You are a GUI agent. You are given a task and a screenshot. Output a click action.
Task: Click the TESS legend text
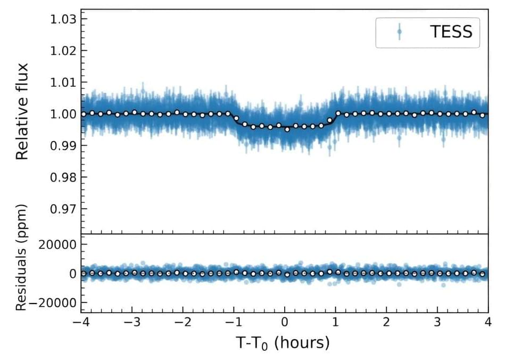(x=451, y=32)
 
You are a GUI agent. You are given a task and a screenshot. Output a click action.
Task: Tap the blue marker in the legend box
(x=399, y=32)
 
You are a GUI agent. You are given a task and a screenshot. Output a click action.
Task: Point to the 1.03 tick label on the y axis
(x=63, y=19)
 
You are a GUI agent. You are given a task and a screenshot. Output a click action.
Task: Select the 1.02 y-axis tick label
(x=63, y=51)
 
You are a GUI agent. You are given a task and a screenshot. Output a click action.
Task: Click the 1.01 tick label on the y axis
(x=63, y=83)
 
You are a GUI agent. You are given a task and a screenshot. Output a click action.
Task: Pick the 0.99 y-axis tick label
(x=63, y=145)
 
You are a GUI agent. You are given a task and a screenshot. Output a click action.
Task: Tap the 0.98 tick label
(x=63, y=177)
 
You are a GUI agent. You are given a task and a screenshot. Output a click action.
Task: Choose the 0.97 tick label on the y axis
(x=63, y=209)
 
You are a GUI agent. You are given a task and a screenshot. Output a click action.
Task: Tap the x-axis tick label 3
(x=437, y=323)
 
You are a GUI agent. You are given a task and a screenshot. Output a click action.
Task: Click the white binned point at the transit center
(x=287, y=129)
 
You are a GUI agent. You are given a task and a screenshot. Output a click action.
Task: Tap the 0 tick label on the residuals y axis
(x=72, y=274)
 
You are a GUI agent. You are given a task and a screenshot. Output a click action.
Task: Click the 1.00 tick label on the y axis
(x=63, y=114)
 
